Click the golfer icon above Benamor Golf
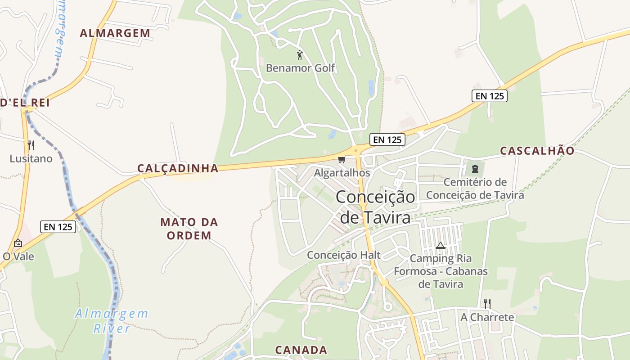click(x=300, y=55)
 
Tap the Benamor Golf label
click(x=301, y=68)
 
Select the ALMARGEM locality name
click(x=115, y=33)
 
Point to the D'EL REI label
click(x=25, y=103)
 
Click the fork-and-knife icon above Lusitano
click(x=31, y=145)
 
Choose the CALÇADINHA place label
click(x=178, y=168)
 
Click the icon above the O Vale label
click(x=18, y=243)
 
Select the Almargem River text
click(x=112, y=321)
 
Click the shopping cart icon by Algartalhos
click(x=342, y=160)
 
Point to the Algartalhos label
click(x=342, y=173)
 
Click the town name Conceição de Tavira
click(x=375, y=207)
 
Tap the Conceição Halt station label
click(x=344, y=255)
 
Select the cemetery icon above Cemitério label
click(x=475, y=169)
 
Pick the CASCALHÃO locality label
click(x=537, y=151)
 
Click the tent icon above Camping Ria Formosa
click(x=440, y=246)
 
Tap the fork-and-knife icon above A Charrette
click(x=487, y=304)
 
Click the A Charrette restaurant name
click(x=487, y=317)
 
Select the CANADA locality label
click(x=301, y=350)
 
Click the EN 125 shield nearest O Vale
click(x=58, y=227)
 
